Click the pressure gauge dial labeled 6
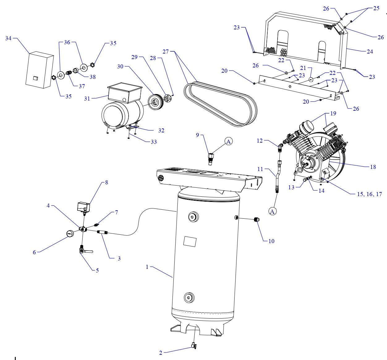[70, 234]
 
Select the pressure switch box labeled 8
[83, 206]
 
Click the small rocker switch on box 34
[36, 70]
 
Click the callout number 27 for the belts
[166, 51]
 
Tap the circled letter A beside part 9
[229, 141]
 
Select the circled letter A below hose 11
[272, 211]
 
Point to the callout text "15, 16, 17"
[369, 194]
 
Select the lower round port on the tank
[188, 298]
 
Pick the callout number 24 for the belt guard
[370, 52]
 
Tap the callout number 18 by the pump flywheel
[373, 167]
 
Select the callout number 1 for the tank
[147, 267]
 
